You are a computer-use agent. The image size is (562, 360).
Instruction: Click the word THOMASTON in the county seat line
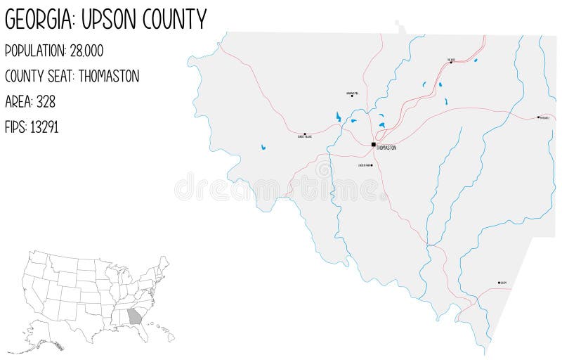pos(109,76)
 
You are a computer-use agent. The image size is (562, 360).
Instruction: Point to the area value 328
pos(47,101)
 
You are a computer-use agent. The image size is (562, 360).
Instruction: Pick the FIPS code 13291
pos(44,127)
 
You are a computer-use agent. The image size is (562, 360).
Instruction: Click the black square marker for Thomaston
pos(374,144)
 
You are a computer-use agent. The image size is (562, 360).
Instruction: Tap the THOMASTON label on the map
pos(386,148)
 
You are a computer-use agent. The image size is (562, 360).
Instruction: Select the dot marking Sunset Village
pos(305,134)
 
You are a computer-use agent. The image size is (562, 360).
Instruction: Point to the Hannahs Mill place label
pos(353,93)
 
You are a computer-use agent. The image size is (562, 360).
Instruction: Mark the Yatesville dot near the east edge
pos(538,117)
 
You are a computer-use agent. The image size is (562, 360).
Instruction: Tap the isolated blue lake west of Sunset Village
pos(263,148)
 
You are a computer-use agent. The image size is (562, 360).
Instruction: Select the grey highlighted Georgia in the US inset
pos(134,318)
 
